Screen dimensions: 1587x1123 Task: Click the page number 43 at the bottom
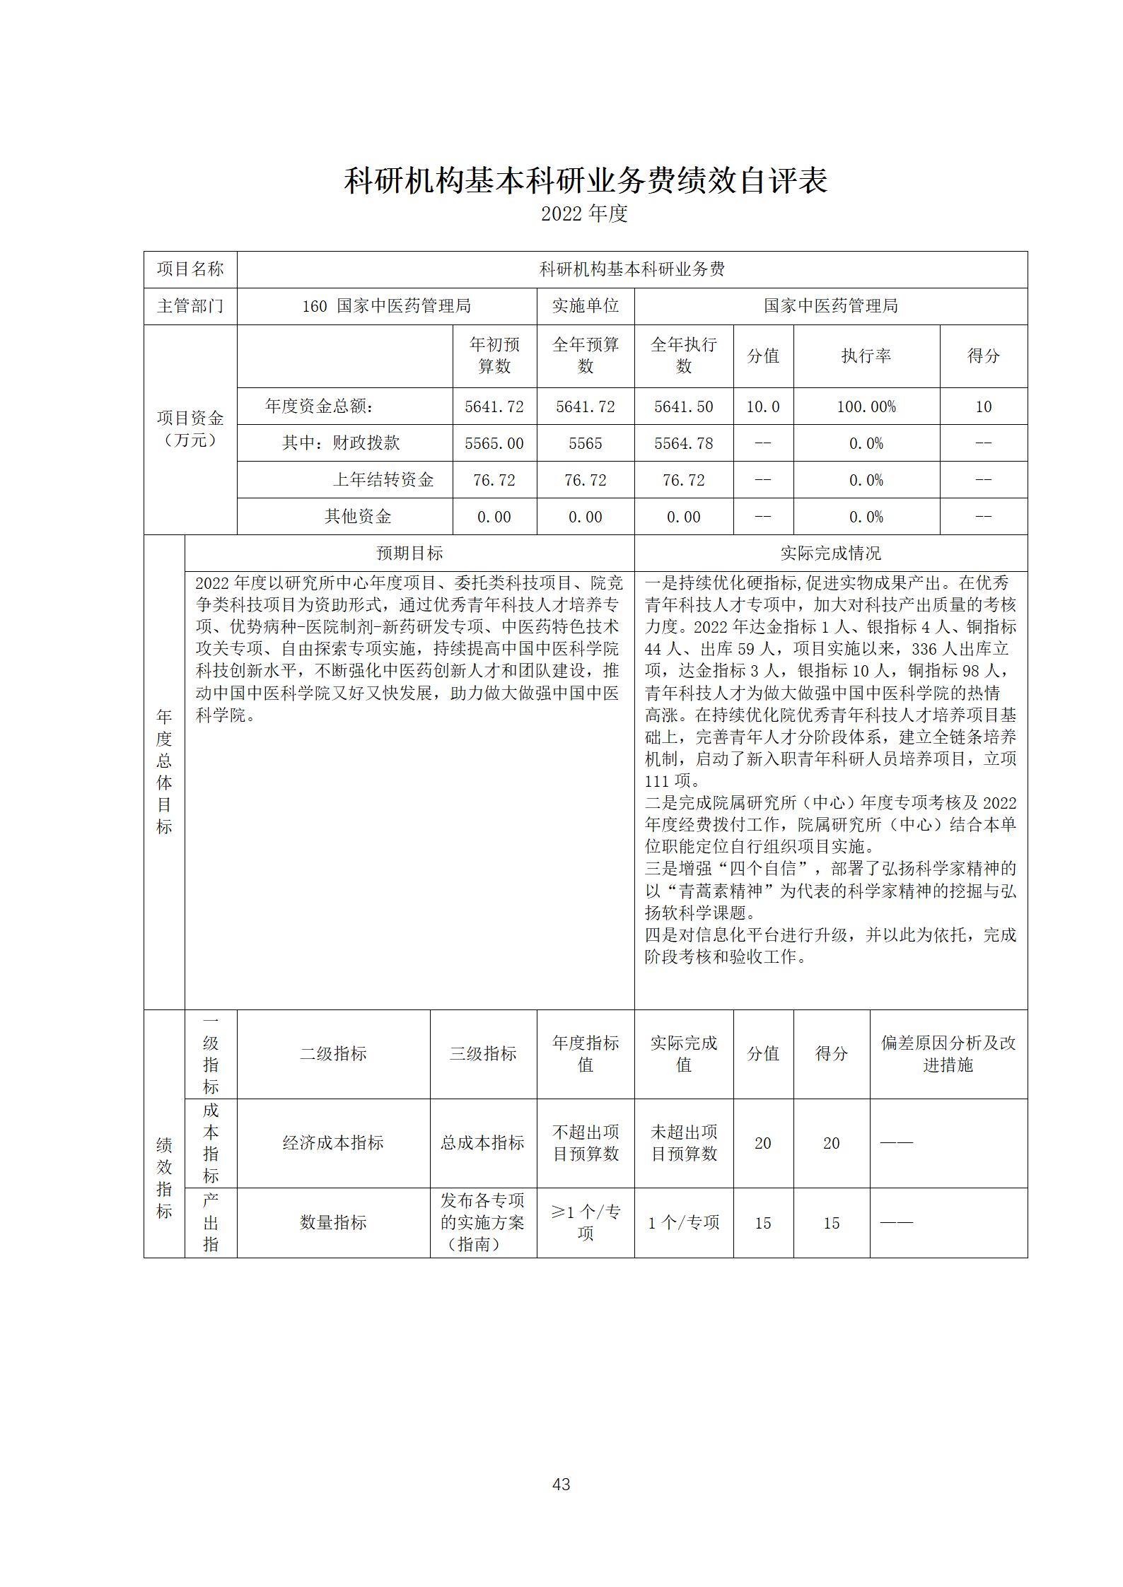pyautogui.click(x=561, y=1484)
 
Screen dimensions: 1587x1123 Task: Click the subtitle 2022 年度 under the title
pyautogui.click(x=584, y=213)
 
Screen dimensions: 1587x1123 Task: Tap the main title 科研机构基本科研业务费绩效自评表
pyautogui.click(x=586, y=181)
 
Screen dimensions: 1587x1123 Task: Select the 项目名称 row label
pyautogui.click(x=190, y=269)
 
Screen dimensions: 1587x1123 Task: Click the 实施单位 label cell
pyautogui.click(x=586, y=306)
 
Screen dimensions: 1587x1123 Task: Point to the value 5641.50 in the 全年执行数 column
pyautogui.click(x=683, y=406)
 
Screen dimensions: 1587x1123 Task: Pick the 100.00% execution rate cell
pyautogui.click(x=866, y=406)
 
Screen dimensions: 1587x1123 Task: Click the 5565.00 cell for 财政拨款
pyautogui.click(x=494, y=443)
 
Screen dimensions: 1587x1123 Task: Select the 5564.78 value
pyautogui.click(x=683, y=443)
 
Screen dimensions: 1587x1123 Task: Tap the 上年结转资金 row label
pyautogui.click(x=383, y=480)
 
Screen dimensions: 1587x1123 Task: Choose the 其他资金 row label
pyautogui.click(x=358, y=517)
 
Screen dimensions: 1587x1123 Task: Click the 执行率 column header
pyautogui.click(x=866, y=356)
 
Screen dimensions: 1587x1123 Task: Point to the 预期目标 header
pyautogui.click(x=409, y=554)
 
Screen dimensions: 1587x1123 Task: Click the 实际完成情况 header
pyautogui.click(x=830, y=554)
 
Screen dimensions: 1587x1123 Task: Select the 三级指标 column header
pyautogui.click(x=483, y=1053)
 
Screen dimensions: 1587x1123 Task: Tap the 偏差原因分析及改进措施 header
pyautogui.click(x=948, y=1053)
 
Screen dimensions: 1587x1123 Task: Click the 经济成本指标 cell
pyautogui.click(x=333, y=1142)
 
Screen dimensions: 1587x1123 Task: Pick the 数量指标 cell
pyautogui.click(x=333, y=1222)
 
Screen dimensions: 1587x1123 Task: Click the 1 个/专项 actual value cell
pyautogui.click(x=683, y=1222)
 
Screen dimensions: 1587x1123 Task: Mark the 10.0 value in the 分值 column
pyautogui.click(x=762, y=406)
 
